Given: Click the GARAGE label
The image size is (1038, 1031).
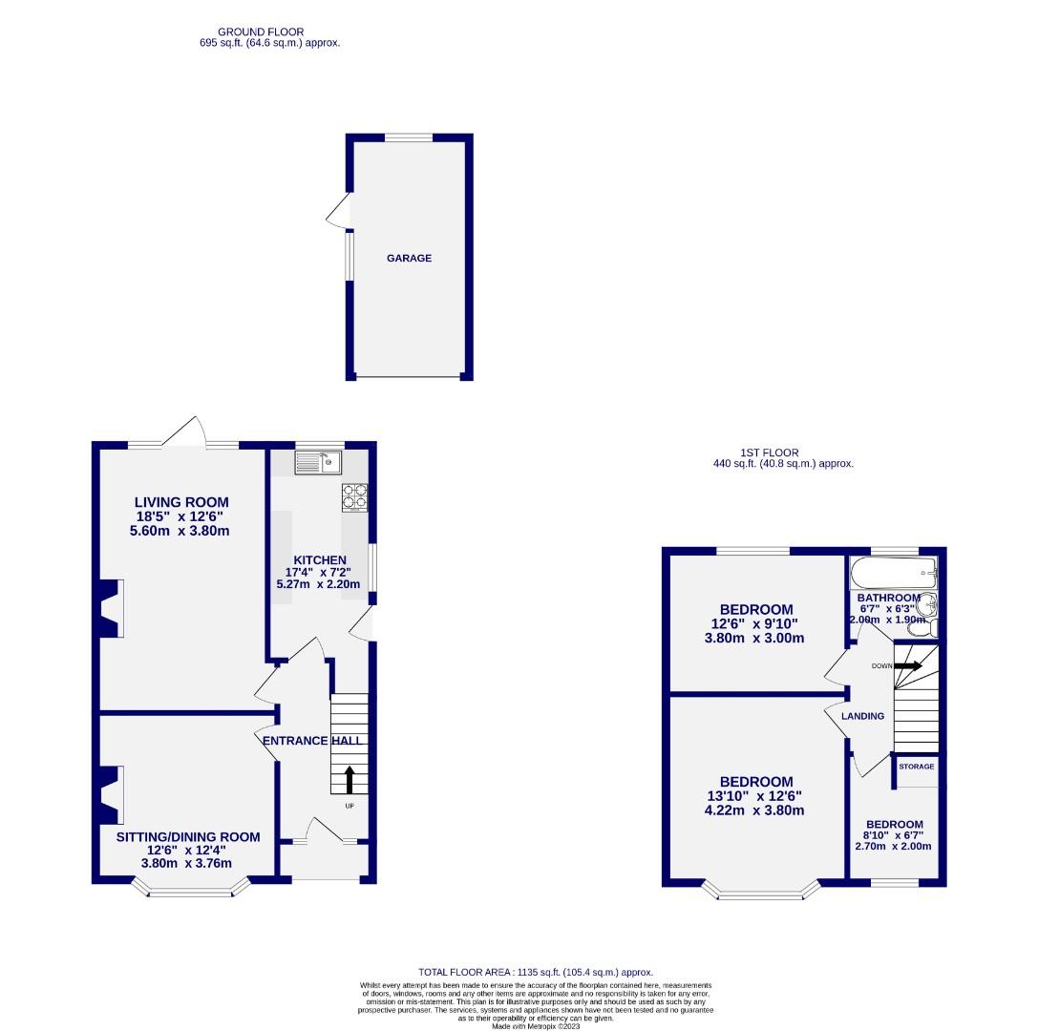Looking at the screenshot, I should coord(409,258).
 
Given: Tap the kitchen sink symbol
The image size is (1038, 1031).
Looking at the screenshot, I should coord(318,464).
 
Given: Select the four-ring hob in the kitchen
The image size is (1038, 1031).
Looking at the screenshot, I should coord(354,497).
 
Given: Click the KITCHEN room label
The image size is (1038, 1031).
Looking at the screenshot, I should coord(319,559).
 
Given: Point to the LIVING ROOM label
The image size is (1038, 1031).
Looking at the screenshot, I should coord(181,502).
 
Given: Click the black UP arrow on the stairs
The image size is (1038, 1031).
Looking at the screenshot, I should coord(349,779).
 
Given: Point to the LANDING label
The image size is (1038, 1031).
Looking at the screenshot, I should coord(862,716).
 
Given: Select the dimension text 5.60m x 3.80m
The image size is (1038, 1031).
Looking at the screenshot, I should coord(181,531).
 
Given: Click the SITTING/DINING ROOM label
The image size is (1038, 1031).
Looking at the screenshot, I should coord(188,837).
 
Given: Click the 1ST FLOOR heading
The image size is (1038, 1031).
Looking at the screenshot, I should coord(769,452).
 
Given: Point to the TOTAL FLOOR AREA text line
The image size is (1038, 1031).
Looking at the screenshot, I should coord(536,972).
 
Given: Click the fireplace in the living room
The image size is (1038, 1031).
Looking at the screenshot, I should coord(108,608).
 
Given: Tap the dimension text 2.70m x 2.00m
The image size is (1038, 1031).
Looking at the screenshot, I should coord(893,846).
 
